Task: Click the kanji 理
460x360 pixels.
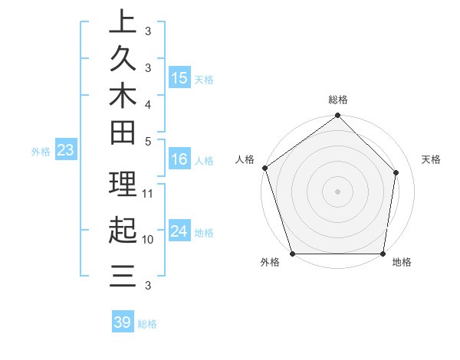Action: click(x=123, y=184)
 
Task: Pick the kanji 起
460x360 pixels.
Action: click(x=123, y=230)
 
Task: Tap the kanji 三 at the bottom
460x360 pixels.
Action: click(x=123, y=275)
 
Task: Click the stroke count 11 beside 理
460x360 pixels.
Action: click(x=149, y=192)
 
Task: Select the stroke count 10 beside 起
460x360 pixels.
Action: click(x=149, y=239)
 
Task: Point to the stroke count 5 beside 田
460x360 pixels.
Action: click(x=148, y=141)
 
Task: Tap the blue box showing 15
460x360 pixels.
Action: click(x=179, y=78)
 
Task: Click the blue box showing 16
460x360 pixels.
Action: click(x=179, y=160)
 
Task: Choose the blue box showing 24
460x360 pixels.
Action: click(x=179, y=231)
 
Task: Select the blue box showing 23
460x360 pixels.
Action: click(x=66, y=151)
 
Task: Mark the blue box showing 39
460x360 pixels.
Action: click(x=123, y=322)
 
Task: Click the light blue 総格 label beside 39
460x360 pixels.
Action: click(x=147, y=324)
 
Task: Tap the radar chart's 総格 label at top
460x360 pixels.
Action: click(x=338, y=100)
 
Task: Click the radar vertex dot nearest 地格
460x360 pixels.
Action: click(x=383, y=254)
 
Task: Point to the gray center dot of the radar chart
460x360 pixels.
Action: click(x=338, y=191)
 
